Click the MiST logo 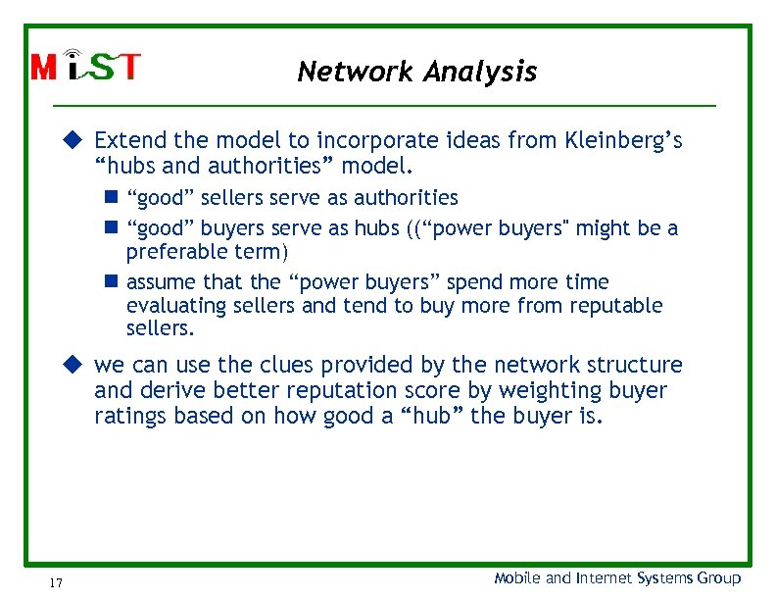point(86,66)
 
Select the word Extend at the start point(126,141)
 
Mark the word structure point(638,366)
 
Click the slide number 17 point(56,583)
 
